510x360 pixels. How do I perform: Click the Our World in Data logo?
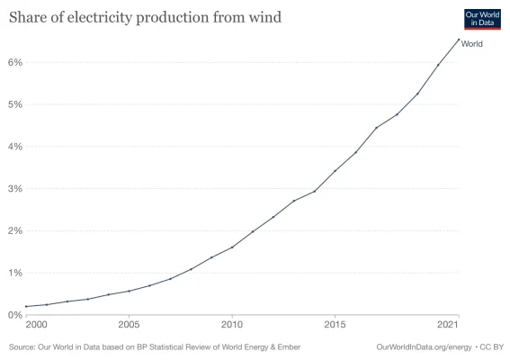(481, 21)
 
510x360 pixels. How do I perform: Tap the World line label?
(472, 43)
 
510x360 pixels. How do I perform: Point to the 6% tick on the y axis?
(14, 62)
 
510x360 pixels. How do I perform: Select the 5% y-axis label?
(14, 104)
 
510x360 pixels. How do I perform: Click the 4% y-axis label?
(14, 147)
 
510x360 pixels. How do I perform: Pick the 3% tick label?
(14, 189)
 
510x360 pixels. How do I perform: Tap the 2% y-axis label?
(14, 230)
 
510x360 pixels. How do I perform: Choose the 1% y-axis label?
(14, 273)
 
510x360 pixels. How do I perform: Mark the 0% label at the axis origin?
(14, 315)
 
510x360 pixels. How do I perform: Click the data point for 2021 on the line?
(459, 39)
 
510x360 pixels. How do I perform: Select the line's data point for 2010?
(232, 247)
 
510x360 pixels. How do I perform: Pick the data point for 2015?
(336, 171)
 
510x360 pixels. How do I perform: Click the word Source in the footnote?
(24, 346)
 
